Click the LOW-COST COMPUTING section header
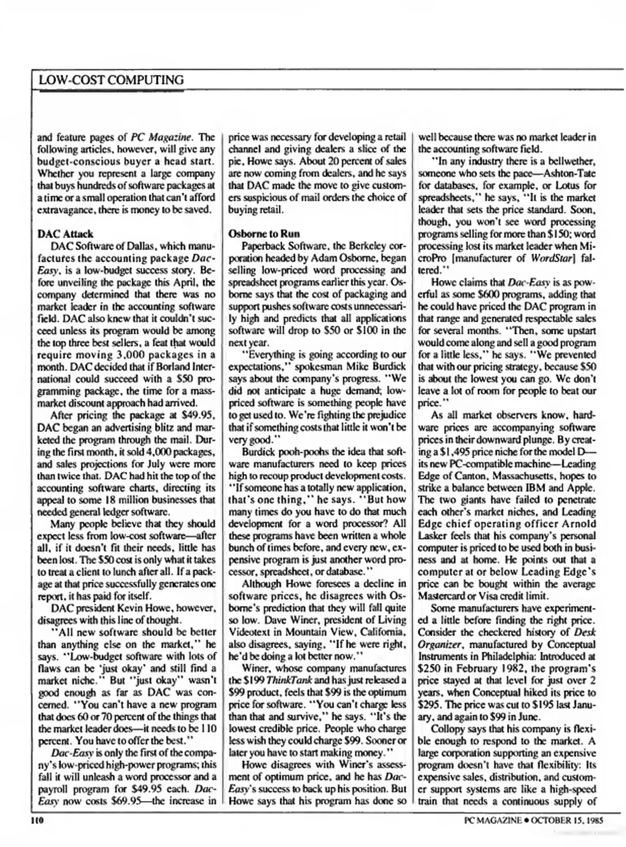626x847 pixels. pos(111,80)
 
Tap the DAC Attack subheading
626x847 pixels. pos(65,234)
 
